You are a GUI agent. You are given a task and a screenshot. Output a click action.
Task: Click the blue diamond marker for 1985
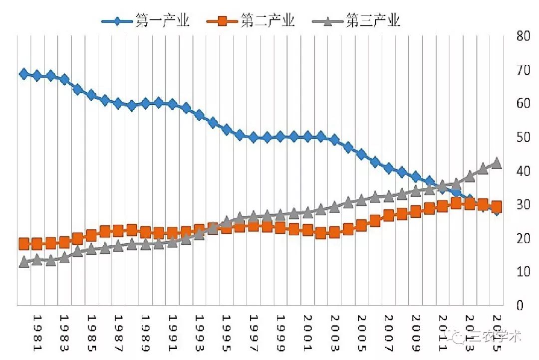[91, 95]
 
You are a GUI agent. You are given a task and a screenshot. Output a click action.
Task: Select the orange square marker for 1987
[118, 231]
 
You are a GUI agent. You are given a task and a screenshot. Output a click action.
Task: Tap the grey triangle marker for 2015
[497, 164]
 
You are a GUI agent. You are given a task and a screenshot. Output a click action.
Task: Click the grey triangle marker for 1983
[64, 258]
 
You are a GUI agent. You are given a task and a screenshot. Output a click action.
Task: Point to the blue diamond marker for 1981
[37, 76]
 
